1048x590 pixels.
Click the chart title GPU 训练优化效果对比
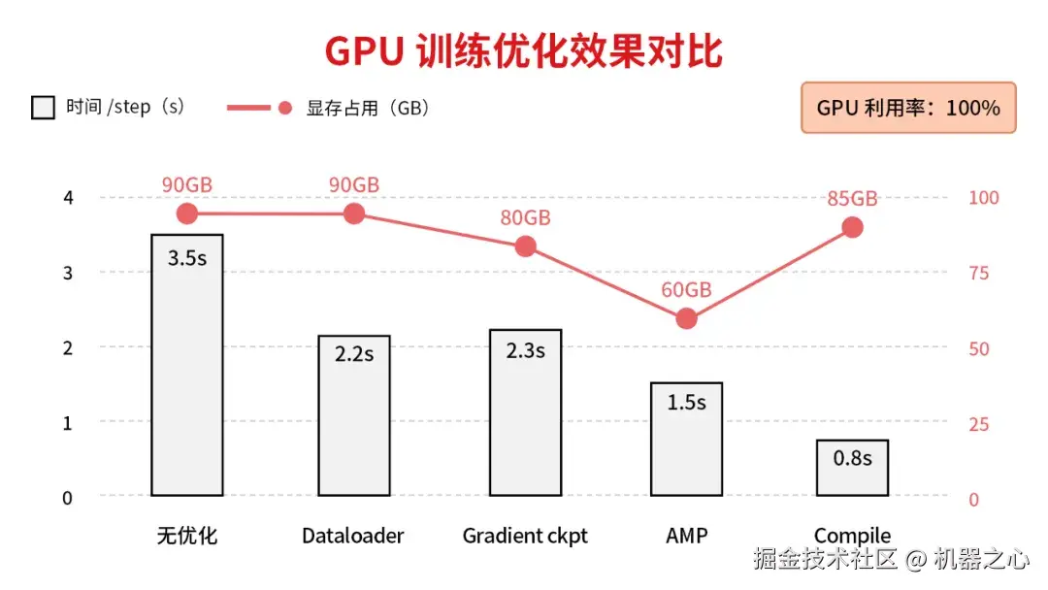[x=524, y=51]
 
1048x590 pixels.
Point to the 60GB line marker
[x=687, y=318]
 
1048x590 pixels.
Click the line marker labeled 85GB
[x=852, y=227]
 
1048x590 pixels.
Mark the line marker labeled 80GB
[x=525, y=246]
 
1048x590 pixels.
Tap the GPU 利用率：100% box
[x=908, y=108]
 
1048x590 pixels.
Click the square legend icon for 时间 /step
[x=43, y=108]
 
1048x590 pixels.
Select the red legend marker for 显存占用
[x=284, y=108]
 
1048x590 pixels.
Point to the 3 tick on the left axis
[x=68, y=273]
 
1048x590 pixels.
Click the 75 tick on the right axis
[x=979, y=273]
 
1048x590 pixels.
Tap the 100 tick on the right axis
[x=984, y=198]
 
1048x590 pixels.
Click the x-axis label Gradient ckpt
[x=525, y=536]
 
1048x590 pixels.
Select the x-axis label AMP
[x=687, y=536]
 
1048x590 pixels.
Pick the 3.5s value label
[x=187, y=258]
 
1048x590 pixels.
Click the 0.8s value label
[x=852, y=458]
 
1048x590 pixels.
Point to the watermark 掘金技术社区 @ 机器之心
[x=891, y=559]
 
